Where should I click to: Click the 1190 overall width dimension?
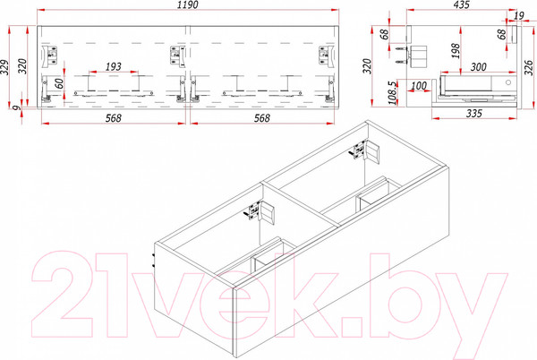(186, 6)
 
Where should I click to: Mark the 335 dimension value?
(473, 114)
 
